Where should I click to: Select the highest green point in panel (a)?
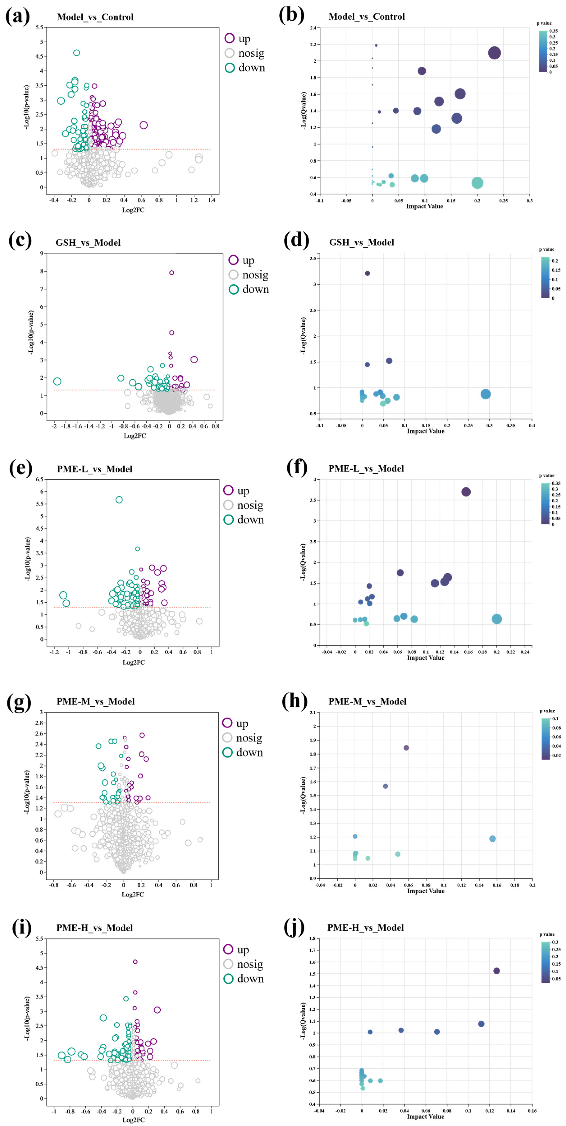[x=76, y=53]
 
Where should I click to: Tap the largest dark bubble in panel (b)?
[x=494, y=53]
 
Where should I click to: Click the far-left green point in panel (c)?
[x=57, y=381]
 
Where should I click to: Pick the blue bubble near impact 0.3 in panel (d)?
[x=485, y=394]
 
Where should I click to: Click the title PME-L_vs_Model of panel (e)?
[x=94, y=469]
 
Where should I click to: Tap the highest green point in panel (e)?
[x=119, y=500]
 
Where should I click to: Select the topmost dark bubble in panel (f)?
[x=466, y=492]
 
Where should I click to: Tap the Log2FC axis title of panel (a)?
[x=133, y=210]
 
